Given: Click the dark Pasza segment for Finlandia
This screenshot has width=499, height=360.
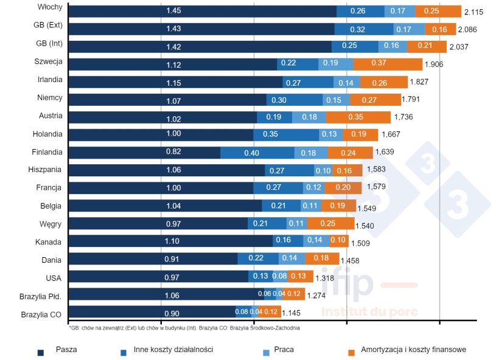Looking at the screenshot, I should (x=144, y=153).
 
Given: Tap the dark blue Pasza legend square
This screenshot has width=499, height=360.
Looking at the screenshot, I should (x=41, y=351).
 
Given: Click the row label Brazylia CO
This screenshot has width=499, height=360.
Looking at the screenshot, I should (x=41, y=315).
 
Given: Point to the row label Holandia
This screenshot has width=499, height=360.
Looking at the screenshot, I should (x=47, y=134).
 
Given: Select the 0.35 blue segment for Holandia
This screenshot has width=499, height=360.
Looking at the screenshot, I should (x=285, y=134).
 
